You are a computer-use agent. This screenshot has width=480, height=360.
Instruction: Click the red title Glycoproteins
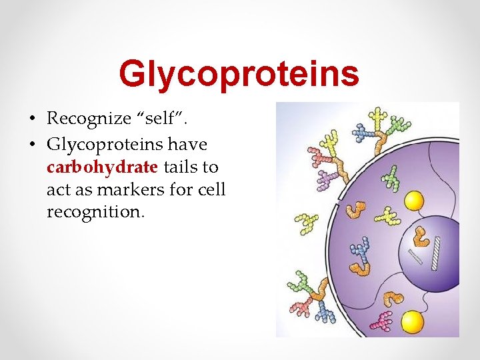(239, 74)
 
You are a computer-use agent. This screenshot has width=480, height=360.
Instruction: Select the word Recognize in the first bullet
(89, 119)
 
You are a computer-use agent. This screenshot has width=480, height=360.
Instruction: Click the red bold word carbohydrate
(102, 166)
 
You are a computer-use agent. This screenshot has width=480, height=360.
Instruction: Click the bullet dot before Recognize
(31, 120)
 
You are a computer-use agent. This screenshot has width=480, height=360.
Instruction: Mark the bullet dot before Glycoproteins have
(31, 144)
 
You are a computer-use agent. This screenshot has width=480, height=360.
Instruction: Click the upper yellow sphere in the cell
(415, 201)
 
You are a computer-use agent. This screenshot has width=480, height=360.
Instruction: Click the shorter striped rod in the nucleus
(415, 257)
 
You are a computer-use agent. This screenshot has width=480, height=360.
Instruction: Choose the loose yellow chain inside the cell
(387, 215)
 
